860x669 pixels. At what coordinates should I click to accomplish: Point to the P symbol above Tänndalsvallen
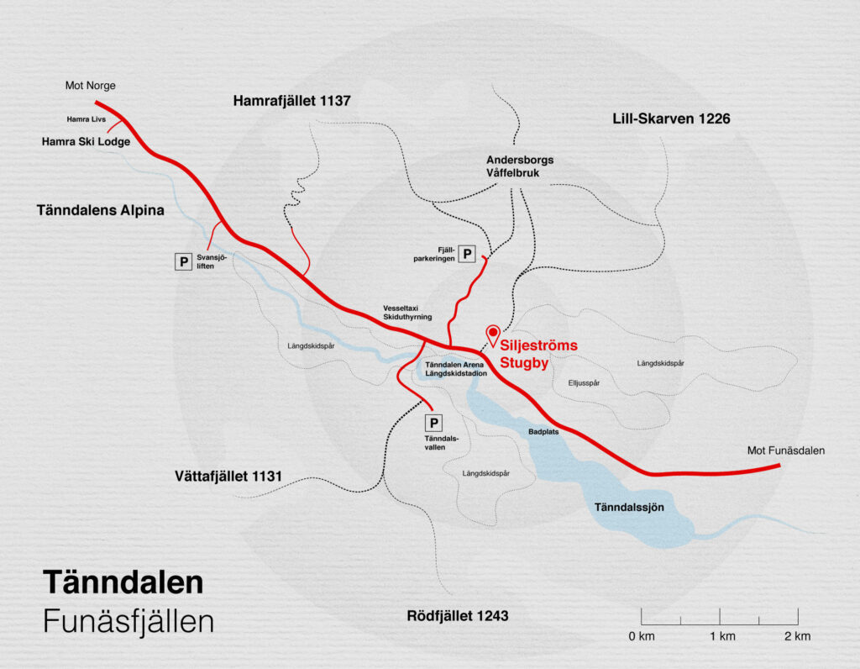click(x=434, y=424)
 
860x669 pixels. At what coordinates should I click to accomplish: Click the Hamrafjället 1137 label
click(x=291, y=102)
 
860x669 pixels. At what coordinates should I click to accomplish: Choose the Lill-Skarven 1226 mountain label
click(x=671, y=119)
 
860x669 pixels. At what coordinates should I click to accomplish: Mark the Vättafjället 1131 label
click(x=228, y=477)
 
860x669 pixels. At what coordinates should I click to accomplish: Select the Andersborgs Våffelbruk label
click(x=520, y=166)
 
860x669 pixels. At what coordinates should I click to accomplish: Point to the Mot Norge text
click(x=90, y=86)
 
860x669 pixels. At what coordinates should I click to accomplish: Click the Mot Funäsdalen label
click(x=786, y=450)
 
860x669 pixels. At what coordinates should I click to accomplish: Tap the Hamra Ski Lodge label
click(x=86, y=142)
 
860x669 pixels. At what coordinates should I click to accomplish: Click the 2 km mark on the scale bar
click(x=796, y=636)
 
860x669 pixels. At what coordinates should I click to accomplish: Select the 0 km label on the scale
click(x=642, y=636)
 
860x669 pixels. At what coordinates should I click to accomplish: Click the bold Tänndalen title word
click(x=123, y=583)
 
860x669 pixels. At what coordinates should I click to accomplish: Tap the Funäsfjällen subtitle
click(x=128, y=622)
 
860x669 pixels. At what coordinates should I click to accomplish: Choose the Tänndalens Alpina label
click(x=101, y=210)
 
